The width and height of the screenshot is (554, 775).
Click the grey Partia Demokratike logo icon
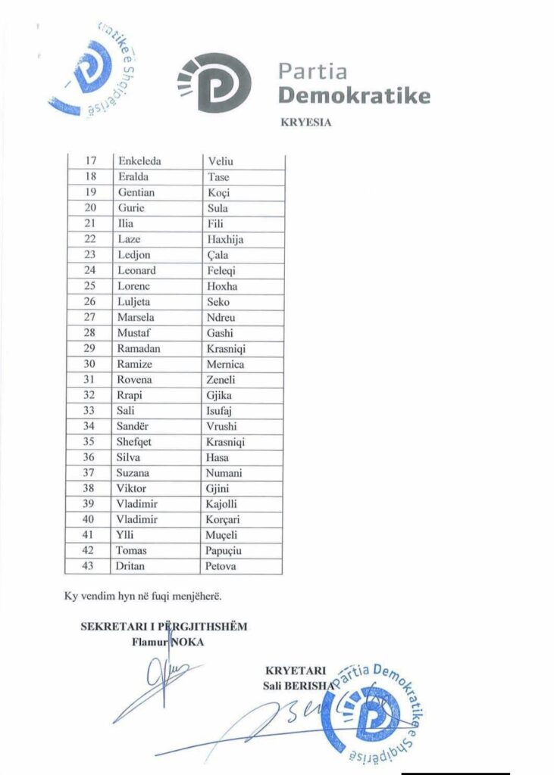coord(214,84)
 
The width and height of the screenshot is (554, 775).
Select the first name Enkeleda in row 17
coord(139,161)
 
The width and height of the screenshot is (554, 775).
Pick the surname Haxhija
coord(225,239)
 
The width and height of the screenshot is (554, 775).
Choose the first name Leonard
coord(136,270)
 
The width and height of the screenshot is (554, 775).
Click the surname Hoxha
coord(222,286)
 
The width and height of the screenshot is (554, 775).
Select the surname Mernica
coord(226,364)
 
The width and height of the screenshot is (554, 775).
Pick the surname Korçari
coord(225,519)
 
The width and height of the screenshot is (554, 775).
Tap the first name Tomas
coord(132,550)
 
